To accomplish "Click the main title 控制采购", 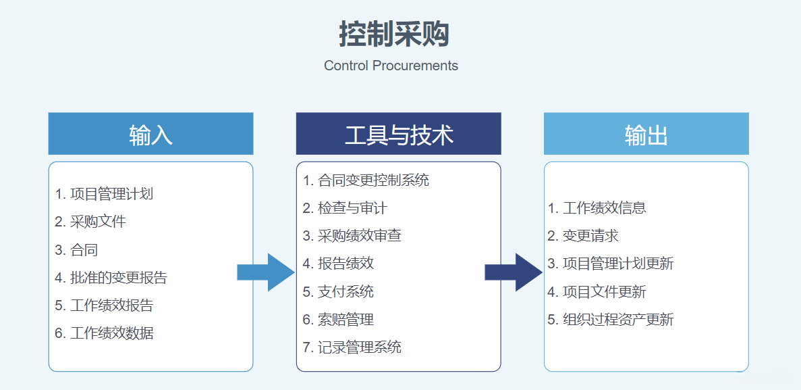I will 394,34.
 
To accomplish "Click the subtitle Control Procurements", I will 391,66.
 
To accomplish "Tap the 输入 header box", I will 150,134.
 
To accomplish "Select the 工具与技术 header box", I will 398,134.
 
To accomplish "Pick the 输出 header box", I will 646,134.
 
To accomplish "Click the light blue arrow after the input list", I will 267,272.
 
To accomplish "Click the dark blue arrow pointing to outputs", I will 515,272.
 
